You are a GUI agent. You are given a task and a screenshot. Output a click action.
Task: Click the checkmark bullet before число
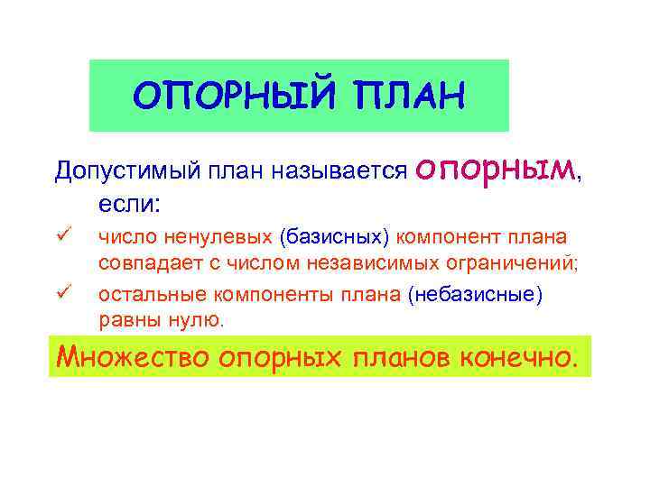click(62, 236)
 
